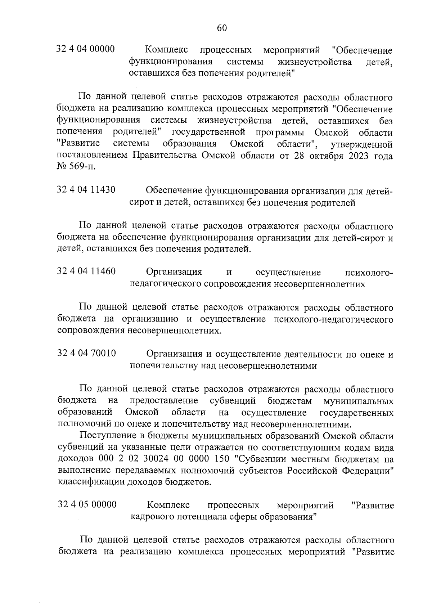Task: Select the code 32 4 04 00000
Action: tap(86, 49)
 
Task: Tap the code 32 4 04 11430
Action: tap(86, 189)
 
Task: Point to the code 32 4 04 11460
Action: tap(86, 271)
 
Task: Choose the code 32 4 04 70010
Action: tap(86, 353)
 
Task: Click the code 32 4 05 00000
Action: tap(87, 504)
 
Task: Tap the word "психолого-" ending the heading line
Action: tap(369, 272)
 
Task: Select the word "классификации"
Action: tap(91, 482)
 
